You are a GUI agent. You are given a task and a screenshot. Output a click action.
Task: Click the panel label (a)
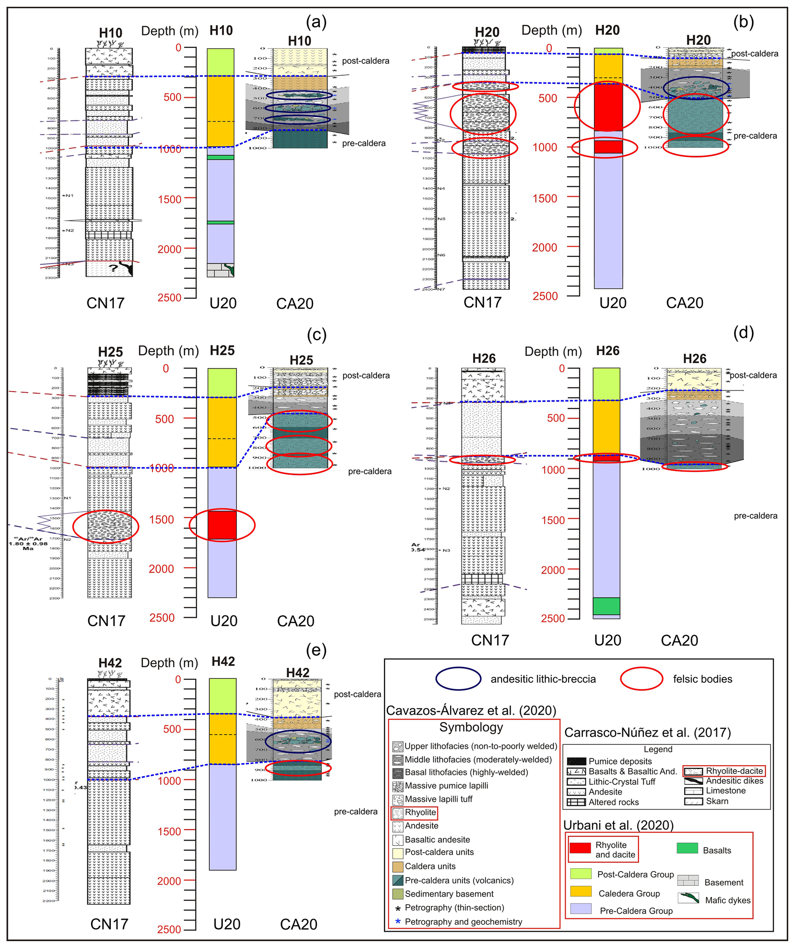tap(316, 22)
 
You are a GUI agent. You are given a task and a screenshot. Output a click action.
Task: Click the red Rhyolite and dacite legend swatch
tap(580, 848)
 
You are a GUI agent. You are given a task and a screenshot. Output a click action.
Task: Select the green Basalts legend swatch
tap(687, 848)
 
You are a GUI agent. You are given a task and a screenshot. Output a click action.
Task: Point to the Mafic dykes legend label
tap(728, 900)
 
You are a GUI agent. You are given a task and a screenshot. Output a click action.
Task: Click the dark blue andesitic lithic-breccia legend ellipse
tap(458, 679)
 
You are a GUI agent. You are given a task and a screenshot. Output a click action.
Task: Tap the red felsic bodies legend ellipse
tap(641, 679)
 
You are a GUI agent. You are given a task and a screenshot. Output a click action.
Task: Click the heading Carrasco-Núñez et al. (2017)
tap(647, 732)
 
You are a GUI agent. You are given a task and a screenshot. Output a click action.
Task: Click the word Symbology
tap(471, 727)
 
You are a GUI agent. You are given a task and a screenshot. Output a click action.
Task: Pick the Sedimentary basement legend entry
tap(449, 894)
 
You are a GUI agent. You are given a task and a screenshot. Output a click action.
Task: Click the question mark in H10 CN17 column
tap(113, 268)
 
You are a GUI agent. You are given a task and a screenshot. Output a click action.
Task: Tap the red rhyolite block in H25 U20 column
tap(222, 525)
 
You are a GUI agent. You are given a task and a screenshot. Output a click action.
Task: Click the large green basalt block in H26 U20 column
tap(606, 606)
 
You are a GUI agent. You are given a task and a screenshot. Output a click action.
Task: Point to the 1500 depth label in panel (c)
tap(161, 520)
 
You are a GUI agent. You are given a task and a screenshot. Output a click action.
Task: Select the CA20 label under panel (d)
tap(679, 640)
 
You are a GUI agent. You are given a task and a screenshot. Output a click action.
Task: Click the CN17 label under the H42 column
tap(109, 924)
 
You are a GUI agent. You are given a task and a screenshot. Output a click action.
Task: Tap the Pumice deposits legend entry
tap(620, 761)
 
